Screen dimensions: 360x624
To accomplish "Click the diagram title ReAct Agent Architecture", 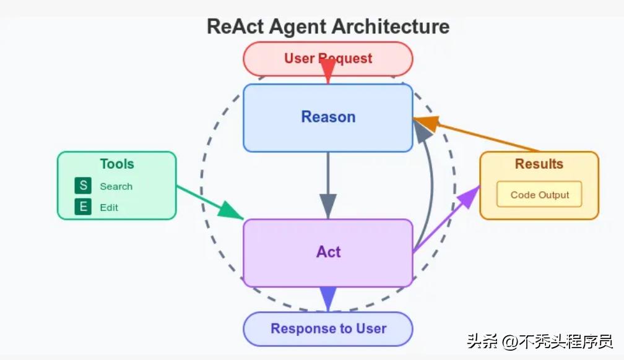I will pyautogui.click(x=327, y=27).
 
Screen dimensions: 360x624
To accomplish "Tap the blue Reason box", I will pyautogui.click(x=327, y=117).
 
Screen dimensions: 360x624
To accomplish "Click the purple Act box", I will pyautogui.click(x=327, y=252).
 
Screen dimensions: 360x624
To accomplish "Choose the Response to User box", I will pyautogui.click(x=327, y=328).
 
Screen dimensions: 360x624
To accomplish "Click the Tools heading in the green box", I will pyautogui.click(x=117, y=164).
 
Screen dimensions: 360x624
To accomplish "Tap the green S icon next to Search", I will pyautogui.click(x=83, y=186).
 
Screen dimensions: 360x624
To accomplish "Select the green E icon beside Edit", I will pyautogui.click(x=83, y=207).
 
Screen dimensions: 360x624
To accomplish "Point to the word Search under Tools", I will pyautogui.click(x=116, y=186).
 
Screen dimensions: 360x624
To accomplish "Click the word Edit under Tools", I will pyautogui.click(x=109, y=207).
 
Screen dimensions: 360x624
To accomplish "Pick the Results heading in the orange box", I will pyautogui.click(x=539, y=164).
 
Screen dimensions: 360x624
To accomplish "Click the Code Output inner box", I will pyautogui.click(x=539, y=194).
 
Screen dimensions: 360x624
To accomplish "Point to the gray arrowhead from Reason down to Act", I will pyautogui.click(x=328, y=205).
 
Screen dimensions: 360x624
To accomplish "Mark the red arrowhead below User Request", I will pyautogui.click(x=328, y=71).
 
